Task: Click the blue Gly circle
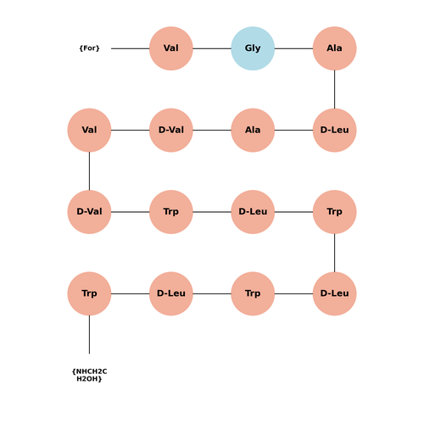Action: coord(253,48)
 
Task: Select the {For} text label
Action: coord(89,48)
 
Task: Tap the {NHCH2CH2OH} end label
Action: coord(89,375)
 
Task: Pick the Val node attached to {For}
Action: coord(171,48)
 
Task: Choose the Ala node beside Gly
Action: coord(334,48)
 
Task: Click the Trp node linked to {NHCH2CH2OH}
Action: coord(89,293)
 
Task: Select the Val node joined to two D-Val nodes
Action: coord(89,130)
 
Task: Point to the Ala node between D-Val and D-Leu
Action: coord(253,130)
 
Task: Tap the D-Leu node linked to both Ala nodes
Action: coord(334,130)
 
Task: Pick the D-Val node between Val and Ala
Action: coord(171,130)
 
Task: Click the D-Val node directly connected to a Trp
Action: coord(89,212)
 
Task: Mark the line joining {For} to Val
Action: coord(130,48)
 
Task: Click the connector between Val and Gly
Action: coord(212,48)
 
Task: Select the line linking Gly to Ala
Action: coord(293,48)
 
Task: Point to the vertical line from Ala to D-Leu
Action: coord(334,89)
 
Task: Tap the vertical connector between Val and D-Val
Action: coord(89,171)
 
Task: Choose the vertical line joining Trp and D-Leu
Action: coord(334,253)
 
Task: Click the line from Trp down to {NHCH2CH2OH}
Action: coord(89,335)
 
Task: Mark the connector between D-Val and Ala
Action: coord(212,130)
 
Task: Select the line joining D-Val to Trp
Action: coord(130,212)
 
